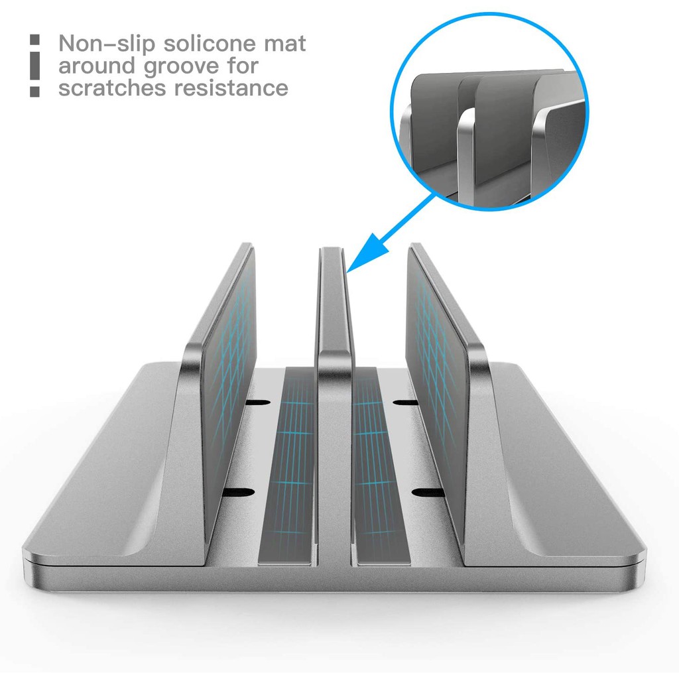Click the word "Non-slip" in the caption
tap(107, 44)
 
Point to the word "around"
tap(97, 66)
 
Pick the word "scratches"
tap(112, 88)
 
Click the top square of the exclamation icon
tap(35, 40)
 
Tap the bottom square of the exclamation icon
tap(35, 92)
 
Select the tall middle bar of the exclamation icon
tap(35, 66)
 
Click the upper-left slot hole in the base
tap(258, 402)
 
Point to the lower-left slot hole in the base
tap(237, 492)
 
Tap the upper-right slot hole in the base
tap(405, 402)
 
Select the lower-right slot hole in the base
tap(426, 493)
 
